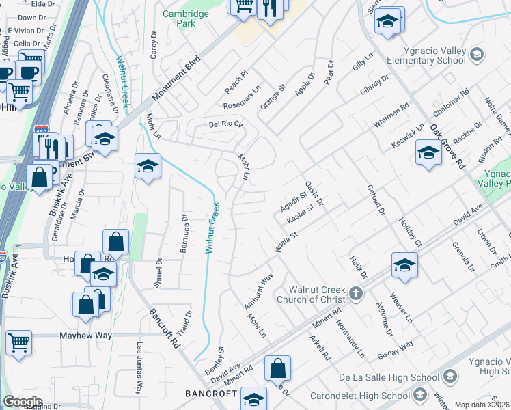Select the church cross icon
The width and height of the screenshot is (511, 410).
355,294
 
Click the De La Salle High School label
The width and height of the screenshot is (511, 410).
389,378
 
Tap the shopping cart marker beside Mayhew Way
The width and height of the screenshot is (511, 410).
19,342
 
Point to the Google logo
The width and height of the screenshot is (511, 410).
23,402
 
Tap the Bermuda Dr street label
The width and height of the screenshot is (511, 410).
184,232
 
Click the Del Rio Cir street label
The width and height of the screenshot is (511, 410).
225,124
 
